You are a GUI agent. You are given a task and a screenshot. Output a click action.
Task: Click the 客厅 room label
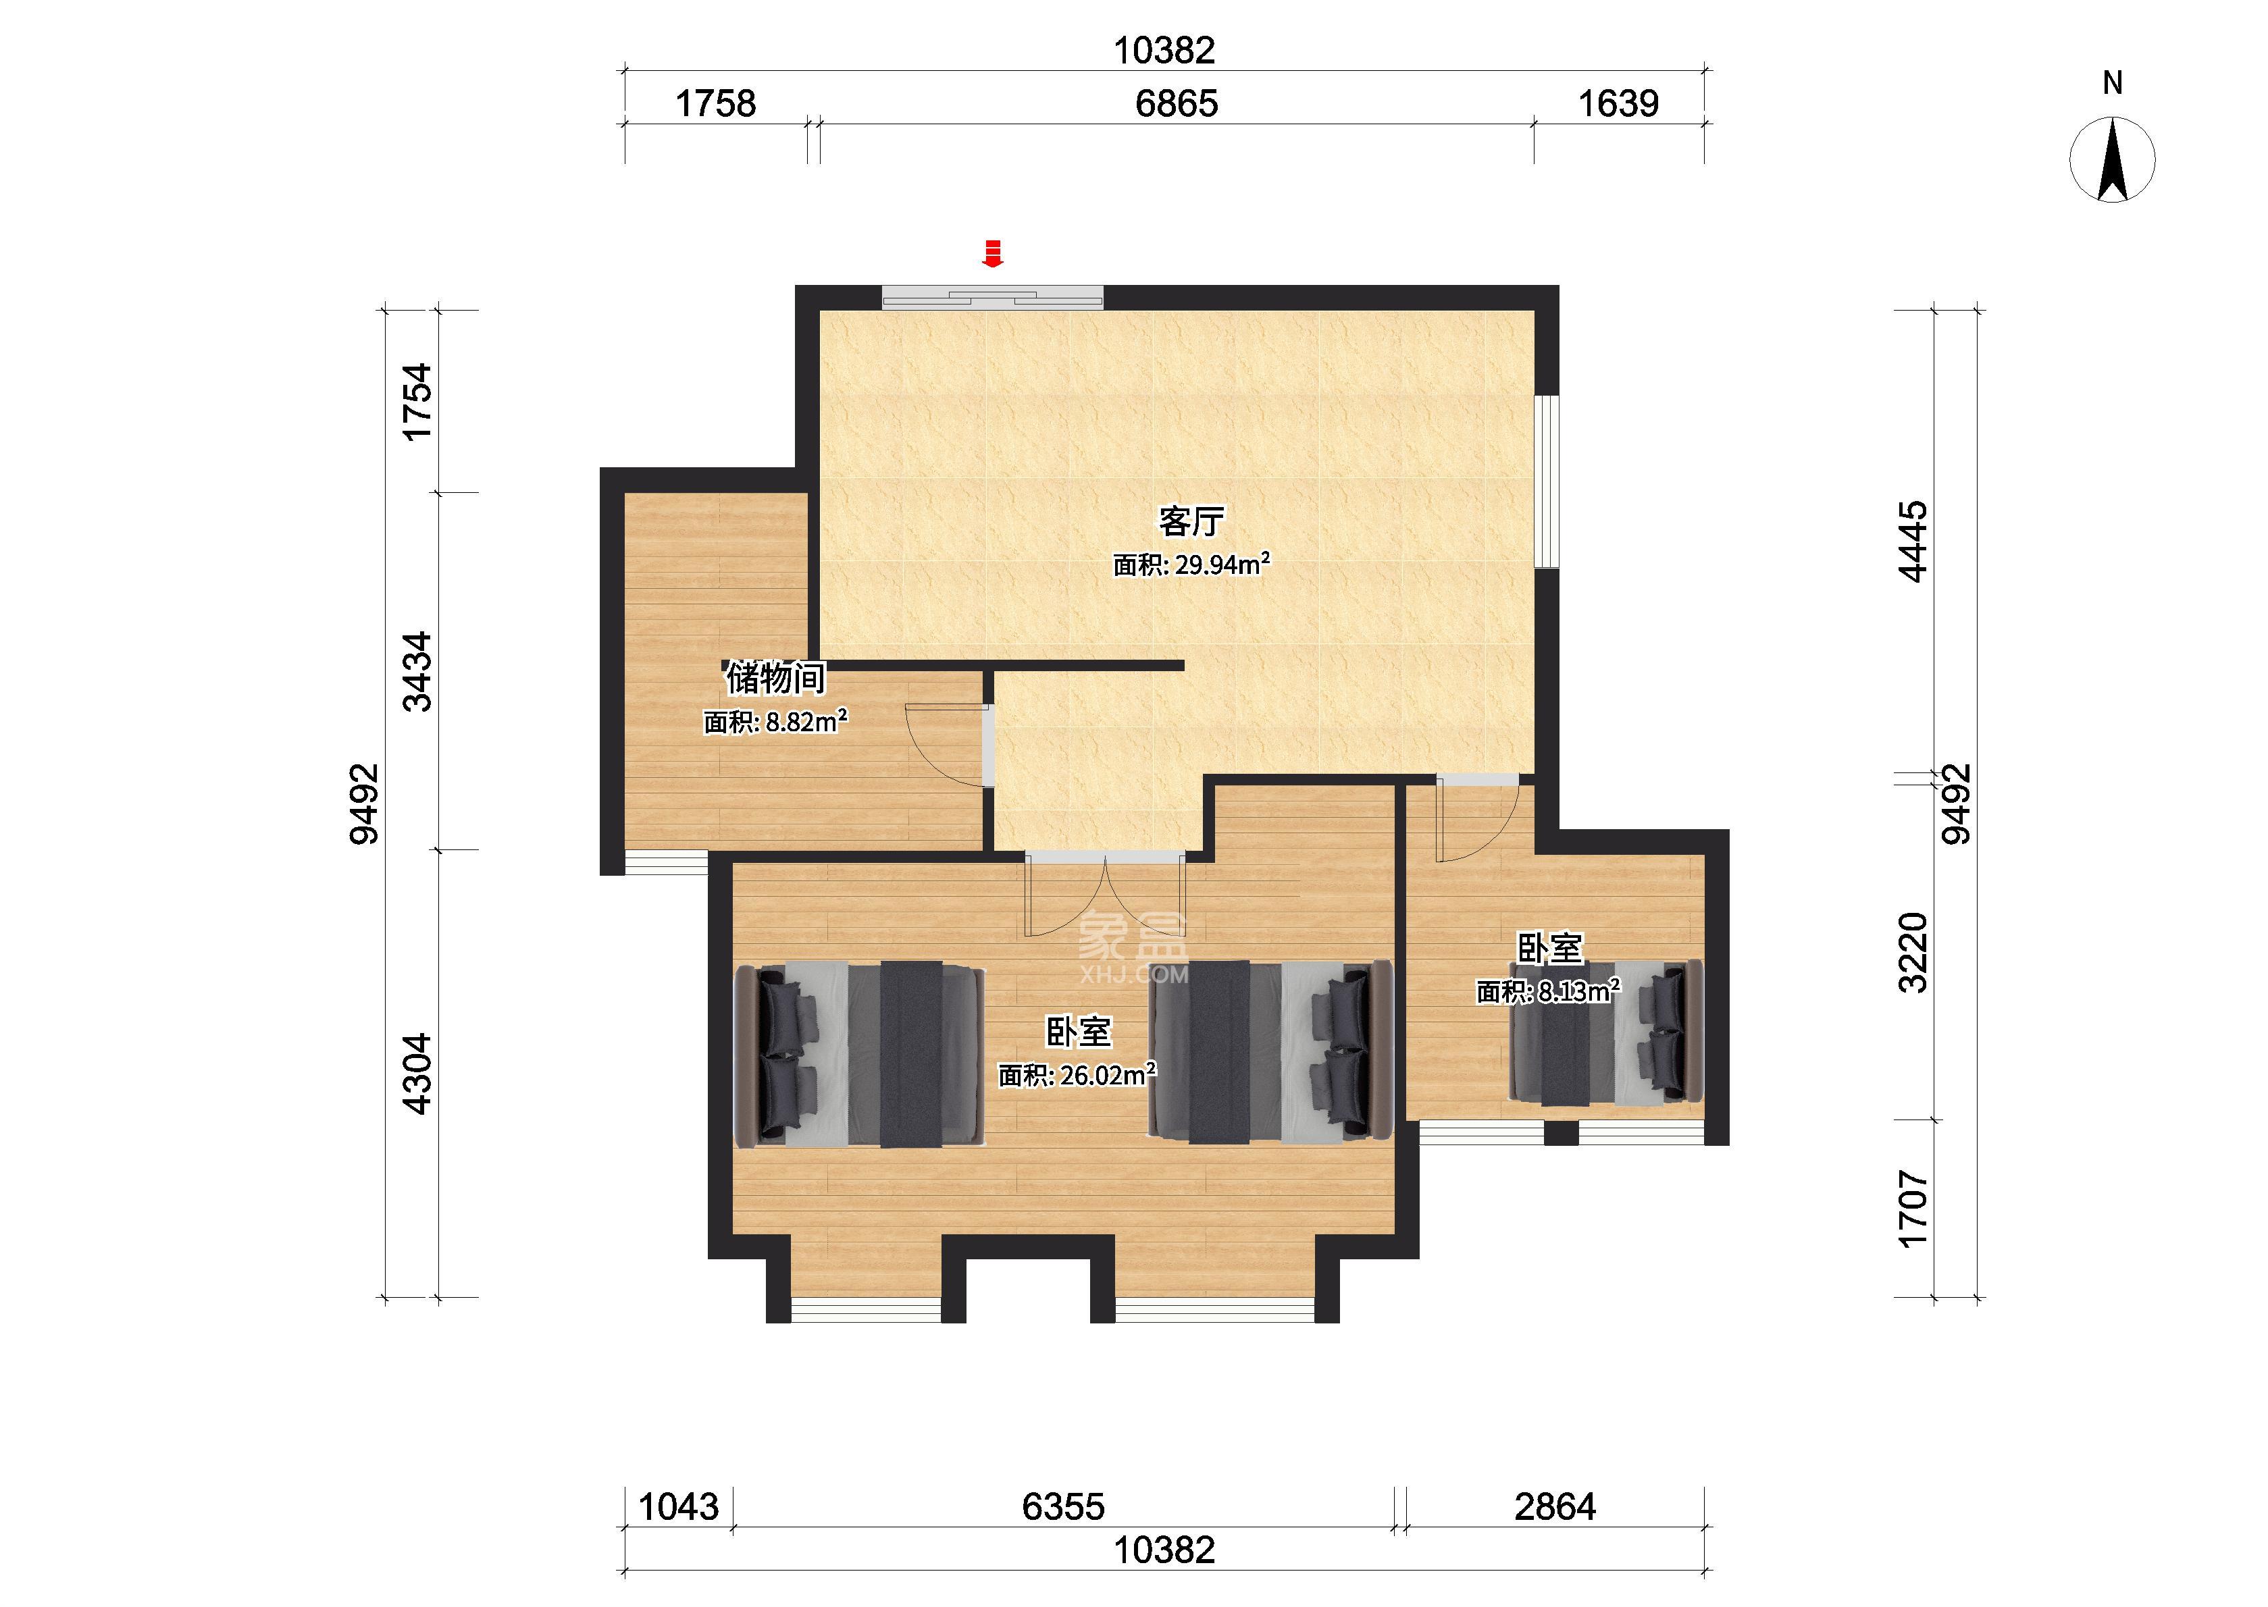click(x=1191, y=521)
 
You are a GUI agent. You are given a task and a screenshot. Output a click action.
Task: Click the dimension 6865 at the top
click(x=1177, y=103)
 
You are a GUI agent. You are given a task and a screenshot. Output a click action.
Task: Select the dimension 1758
click(x=715, y=103)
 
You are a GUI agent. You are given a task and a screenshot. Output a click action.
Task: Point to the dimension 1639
click(x=1618, y=103)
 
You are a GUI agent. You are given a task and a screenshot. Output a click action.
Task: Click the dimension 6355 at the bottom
click(x=1064, y=1507)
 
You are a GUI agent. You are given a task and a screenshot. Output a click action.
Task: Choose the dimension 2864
click(x=1555, y=1507)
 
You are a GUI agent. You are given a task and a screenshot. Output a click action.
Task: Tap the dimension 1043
click(x=679, y=1507)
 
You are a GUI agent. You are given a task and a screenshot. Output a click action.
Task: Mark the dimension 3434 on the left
click(x=419, y=671)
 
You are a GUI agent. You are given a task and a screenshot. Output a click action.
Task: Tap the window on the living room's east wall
click(x=1547, y=482)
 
